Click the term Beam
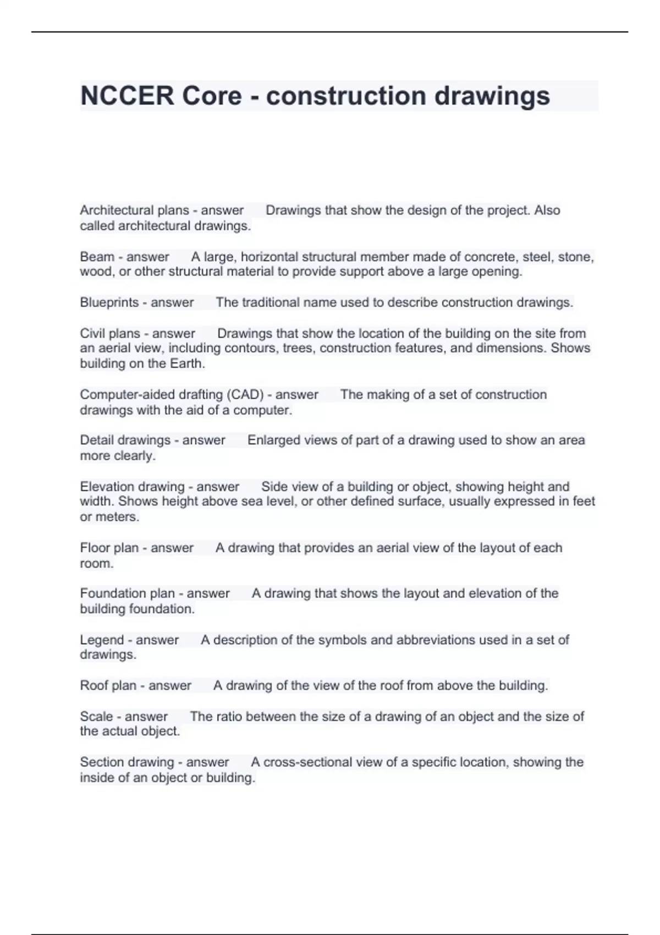pos(96,257)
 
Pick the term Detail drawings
pos(125,440)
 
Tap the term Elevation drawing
pos(132,487)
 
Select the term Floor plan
pos(109,548)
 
